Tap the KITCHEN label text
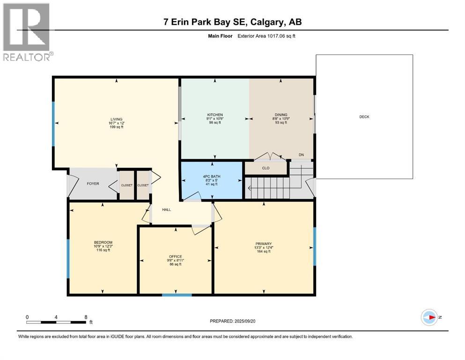(x=215, y=115)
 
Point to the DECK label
(x=364, y=117)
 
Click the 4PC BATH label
(x=213, y=176)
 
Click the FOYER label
(x=93, y=184)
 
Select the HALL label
(x=166, y=210)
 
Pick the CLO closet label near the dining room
(x=266, y=168)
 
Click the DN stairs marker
(x=302, y=155)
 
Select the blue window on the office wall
(x=177, y=295)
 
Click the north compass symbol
(x=429, y=317)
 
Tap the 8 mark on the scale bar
(x=86, y=317)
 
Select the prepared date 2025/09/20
(x=233, y=321)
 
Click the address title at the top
(x=232, y=22)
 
